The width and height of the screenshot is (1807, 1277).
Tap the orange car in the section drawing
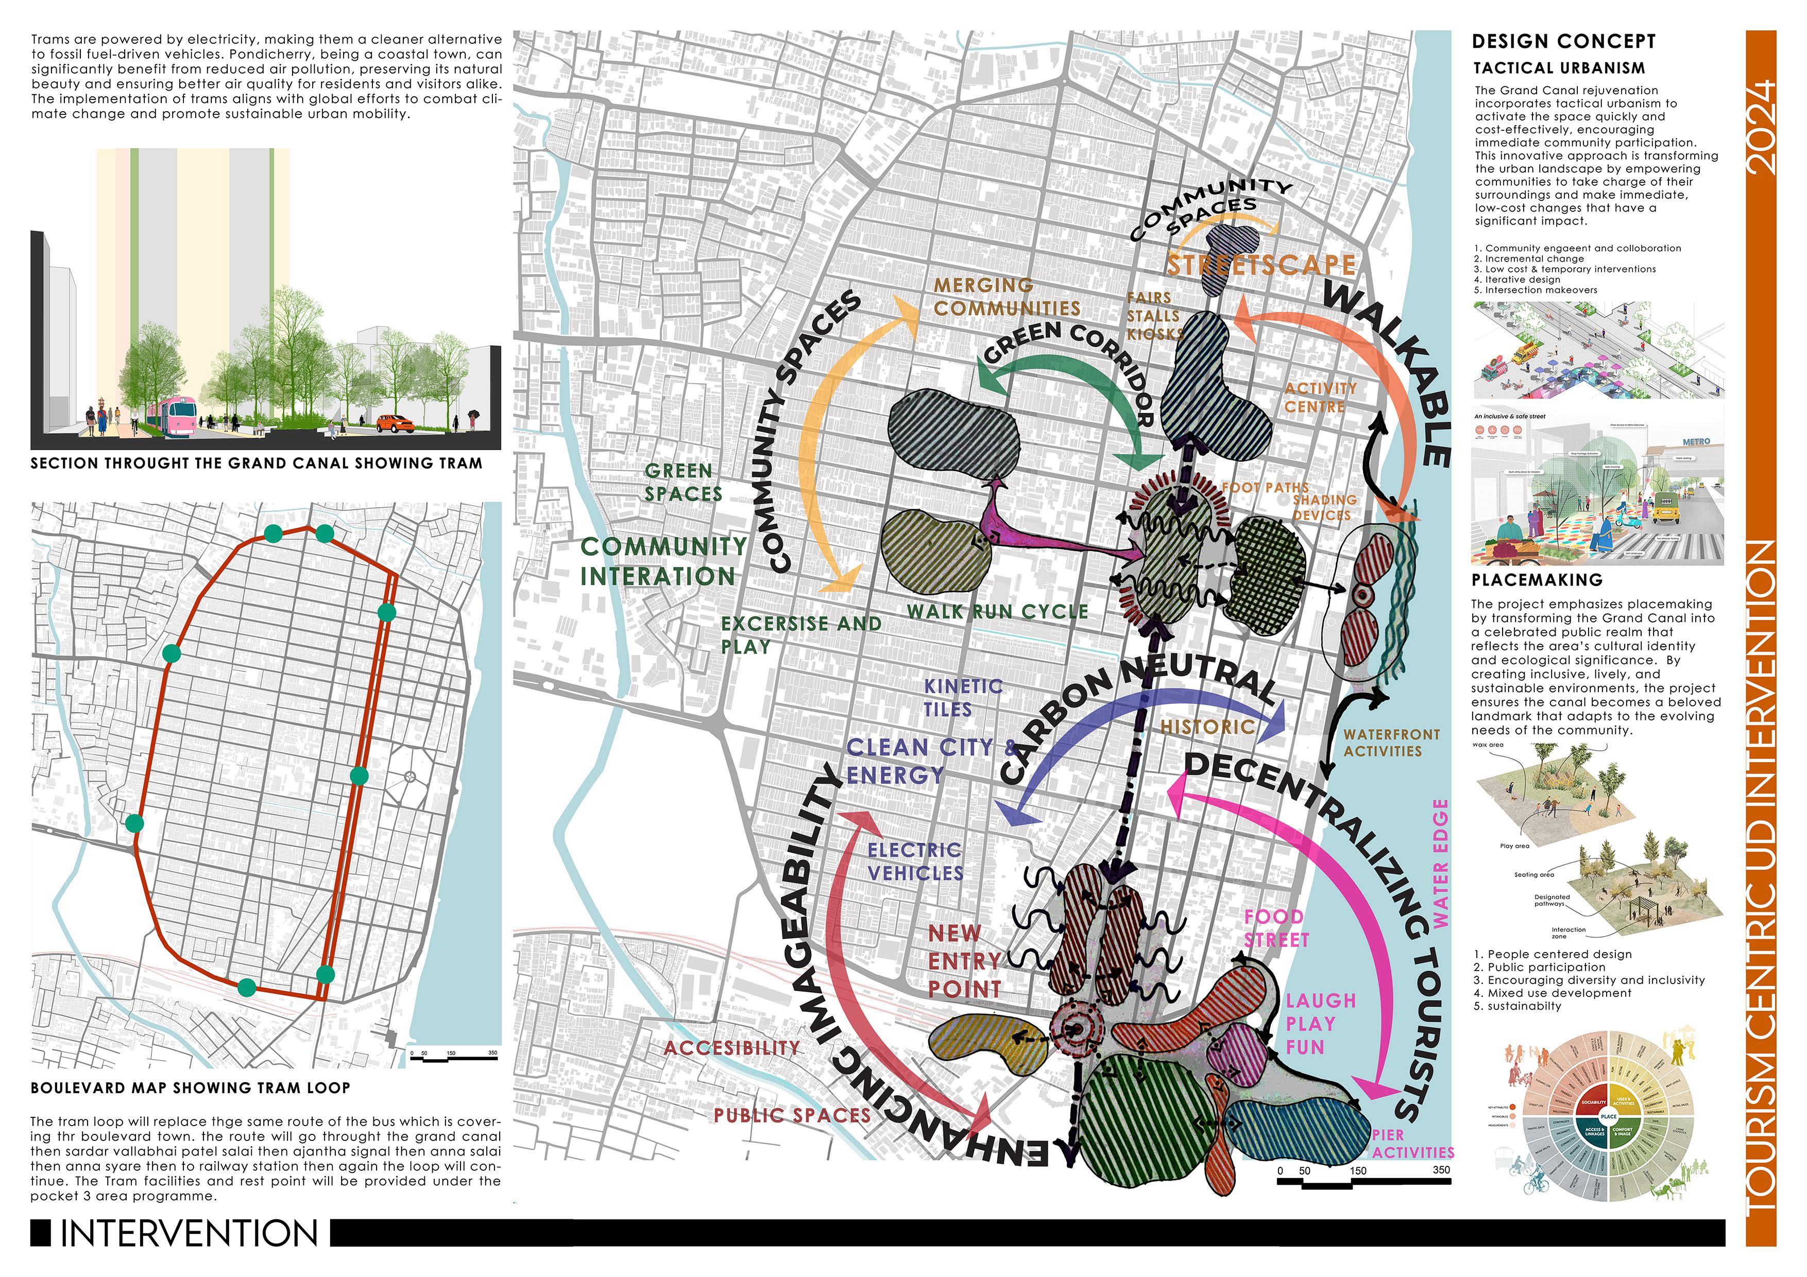point(395,423)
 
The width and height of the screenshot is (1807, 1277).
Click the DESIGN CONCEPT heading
point(1563,42)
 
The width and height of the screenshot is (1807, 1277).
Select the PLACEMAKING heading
point(1525,580)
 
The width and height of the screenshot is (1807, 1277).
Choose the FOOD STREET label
point(1276,928)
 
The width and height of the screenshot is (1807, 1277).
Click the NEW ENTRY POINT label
point(964,961)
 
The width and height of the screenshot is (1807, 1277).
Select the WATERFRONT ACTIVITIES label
point(1391,742)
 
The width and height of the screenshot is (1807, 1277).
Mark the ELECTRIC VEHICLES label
point(914,861)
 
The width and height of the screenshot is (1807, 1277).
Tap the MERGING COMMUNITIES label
point(1006,297)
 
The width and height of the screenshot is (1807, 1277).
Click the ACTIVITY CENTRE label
point(1320,398)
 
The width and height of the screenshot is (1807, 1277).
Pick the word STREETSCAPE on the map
point(1260,265)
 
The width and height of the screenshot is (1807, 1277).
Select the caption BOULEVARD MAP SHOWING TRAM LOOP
point(191,1088)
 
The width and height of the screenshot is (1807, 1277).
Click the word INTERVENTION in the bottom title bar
point(190,1233)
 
